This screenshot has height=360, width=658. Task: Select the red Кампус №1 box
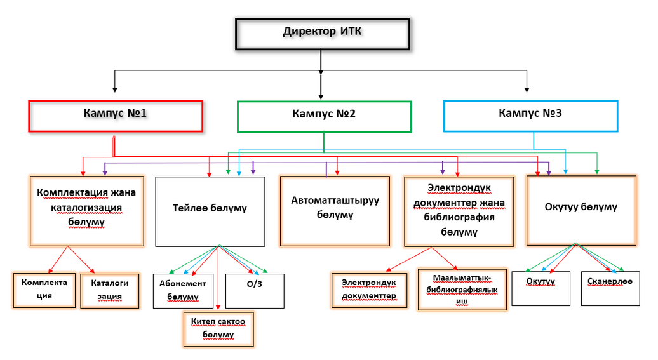[x=116, y=116]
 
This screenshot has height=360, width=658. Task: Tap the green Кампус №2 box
[x=324, y=116]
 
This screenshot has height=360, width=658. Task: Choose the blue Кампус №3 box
[x=531, y=115]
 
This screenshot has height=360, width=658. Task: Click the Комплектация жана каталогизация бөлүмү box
[x=86, y=210]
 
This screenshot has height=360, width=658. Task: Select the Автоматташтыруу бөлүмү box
[x=335, y=211]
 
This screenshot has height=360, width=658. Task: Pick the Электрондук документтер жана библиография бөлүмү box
[x=459, y=211]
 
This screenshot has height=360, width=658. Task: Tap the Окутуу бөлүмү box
[x=581, y=210]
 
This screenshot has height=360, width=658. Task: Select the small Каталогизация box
[x=110, y=290]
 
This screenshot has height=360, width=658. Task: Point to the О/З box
[x=255, y=291]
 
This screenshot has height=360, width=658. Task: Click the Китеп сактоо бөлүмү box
[x=218, y=329]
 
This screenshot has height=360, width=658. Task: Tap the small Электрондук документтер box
[x=369, y=290]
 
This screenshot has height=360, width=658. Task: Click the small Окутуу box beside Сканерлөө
[x=540, y=288]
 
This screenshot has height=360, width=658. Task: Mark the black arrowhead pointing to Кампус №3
[x=527, y=90]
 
